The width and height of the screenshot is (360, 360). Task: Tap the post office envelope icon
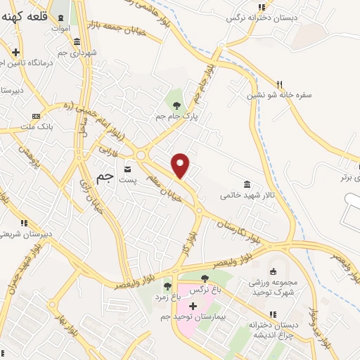[128, 169]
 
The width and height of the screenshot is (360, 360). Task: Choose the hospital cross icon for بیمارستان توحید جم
[193, 307]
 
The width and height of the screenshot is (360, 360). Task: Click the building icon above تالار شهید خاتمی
[246, 184]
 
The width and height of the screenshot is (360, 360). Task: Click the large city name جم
[103, 179]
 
